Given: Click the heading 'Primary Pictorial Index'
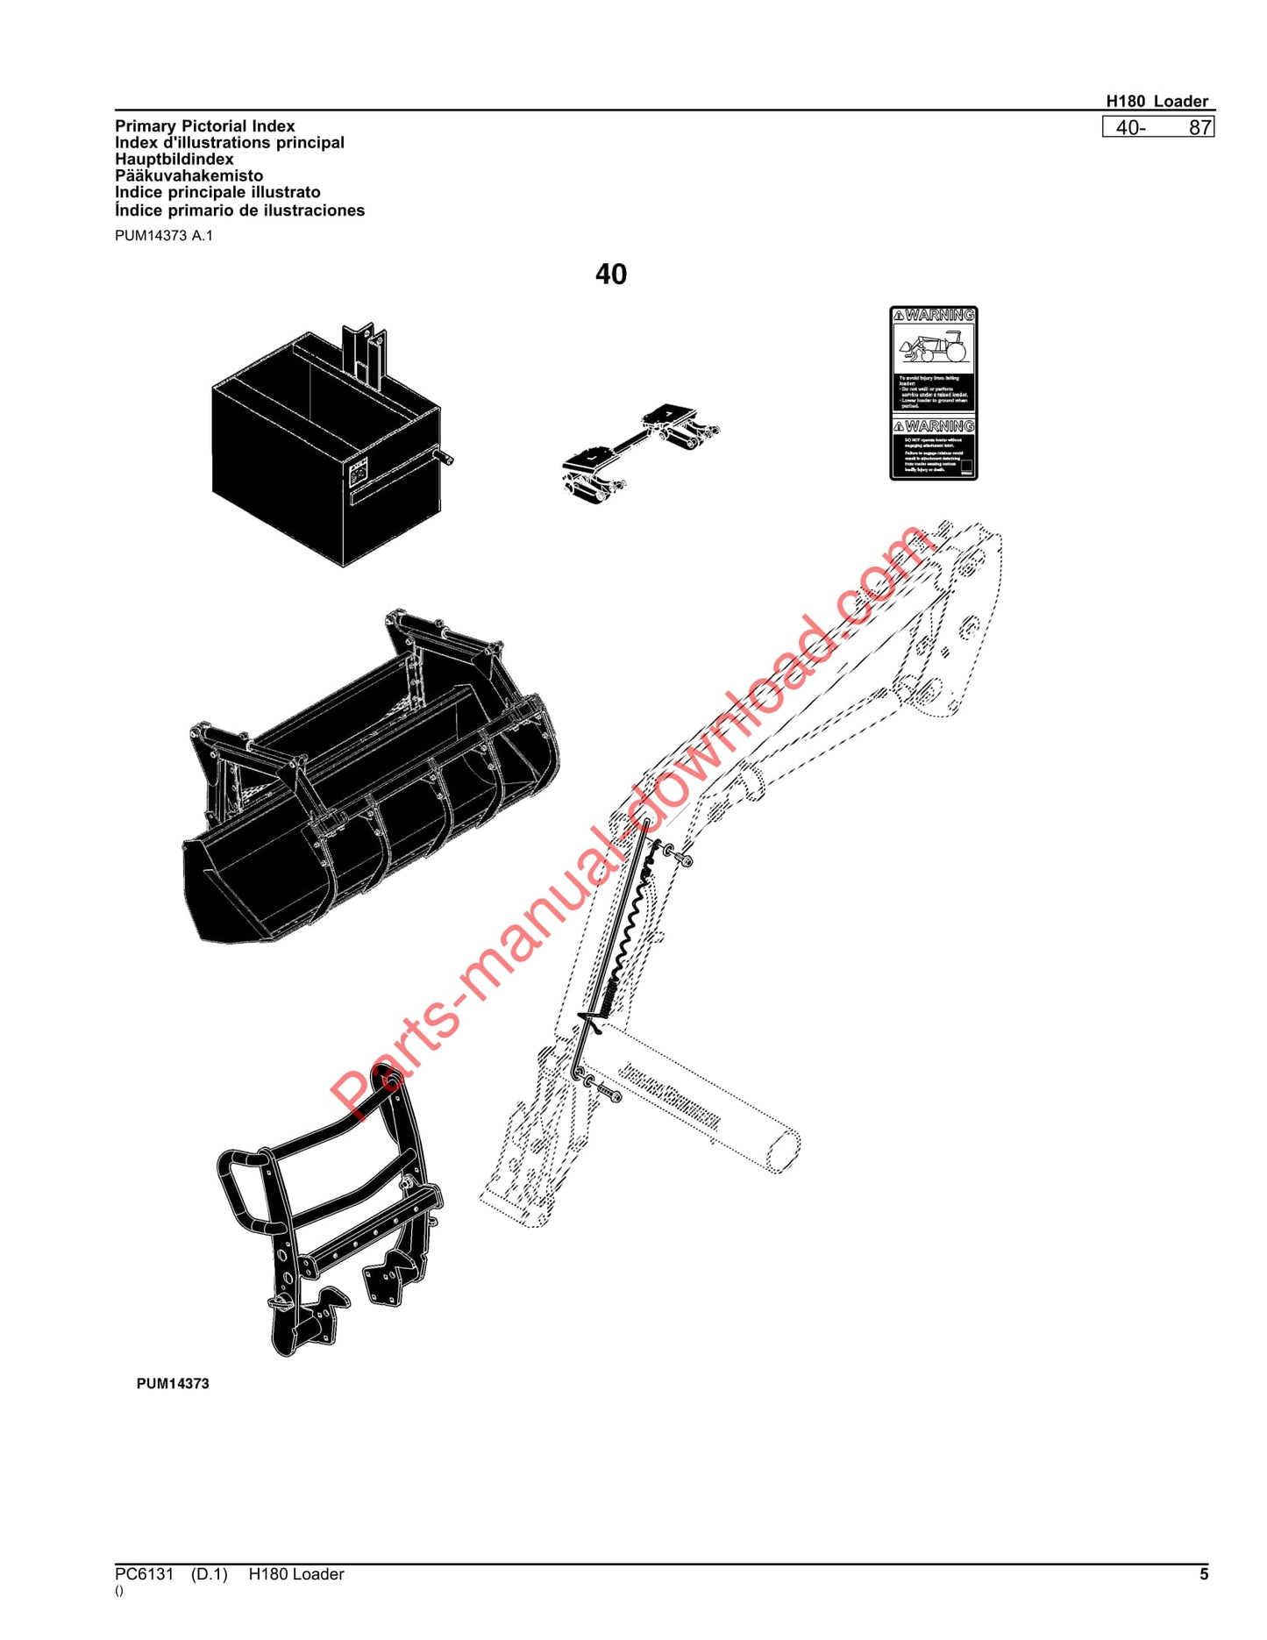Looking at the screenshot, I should (x=204, y=126).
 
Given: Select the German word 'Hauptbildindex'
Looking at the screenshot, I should (x=174, y=160).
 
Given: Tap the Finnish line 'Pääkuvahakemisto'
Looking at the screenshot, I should (x=189, y=176).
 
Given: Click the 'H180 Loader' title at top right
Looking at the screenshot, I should (x=1157, y=101).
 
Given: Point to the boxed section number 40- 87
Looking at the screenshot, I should (x=1158, y=128).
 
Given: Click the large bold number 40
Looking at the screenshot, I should (x=610, y=275).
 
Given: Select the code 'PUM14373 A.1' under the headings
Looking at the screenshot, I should (x=163, y=236).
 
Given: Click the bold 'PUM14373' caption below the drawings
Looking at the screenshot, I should (x=173, y=1383).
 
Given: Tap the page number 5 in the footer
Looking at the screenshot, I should (x=1203, y=1574).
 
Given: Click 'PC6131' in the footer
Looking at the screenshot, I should (x=145, y=1574).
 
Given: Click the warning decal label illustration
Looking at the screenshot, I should (x=933, y=393).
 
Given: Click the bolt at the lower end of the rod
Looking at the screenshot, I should (x=608, y=1093).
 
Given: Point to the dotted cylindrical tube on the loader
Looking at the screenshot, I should (x=701, y=1096).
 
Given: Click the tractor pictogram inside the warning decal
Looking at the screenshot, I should (x=933, y=347).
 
